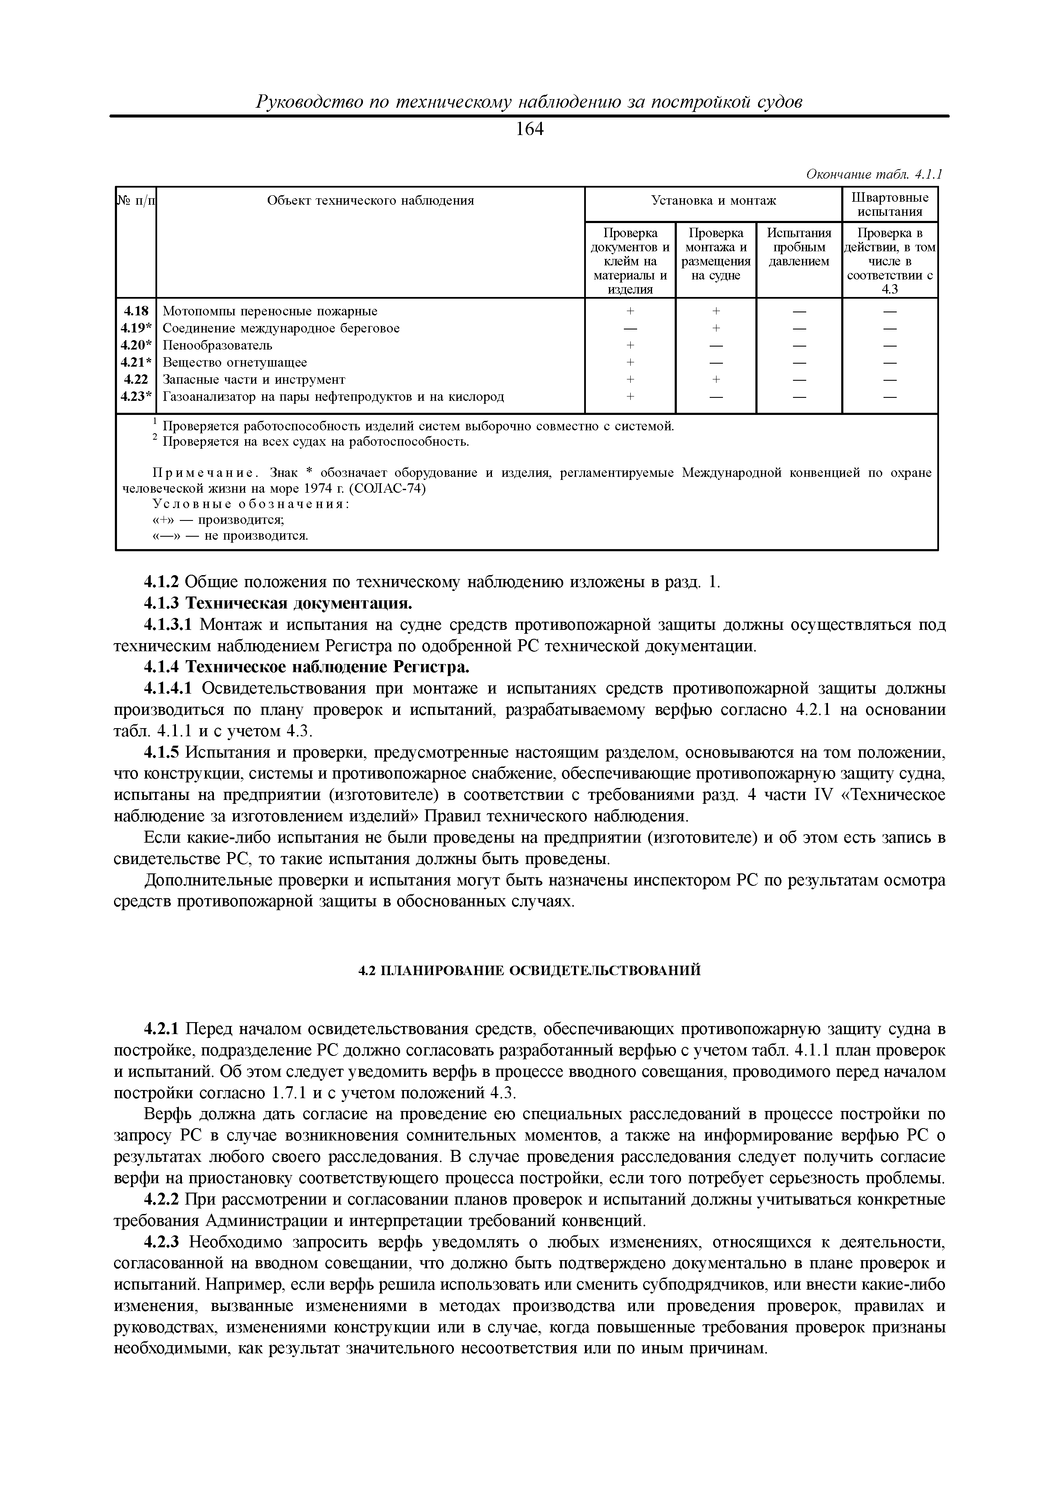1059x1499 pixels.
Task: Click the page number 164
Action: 529,130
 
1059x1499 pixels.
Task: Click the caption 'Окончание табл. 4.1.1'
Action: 875,174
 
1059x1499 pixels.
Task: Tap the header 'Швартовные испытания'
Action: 890,204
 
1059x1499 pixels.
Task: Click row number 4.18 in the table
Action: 137,312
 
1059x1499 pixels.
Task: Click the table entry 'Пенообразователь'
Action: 217,345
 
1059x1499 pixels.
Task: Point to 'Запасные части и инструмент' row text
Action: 253,380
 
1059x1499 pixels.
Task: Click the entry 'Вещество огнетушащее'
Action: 234,362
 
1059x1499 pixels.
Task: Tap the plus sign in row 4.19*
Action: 716,329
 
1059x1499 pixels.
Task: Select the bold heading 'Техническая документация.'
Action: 299,603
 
